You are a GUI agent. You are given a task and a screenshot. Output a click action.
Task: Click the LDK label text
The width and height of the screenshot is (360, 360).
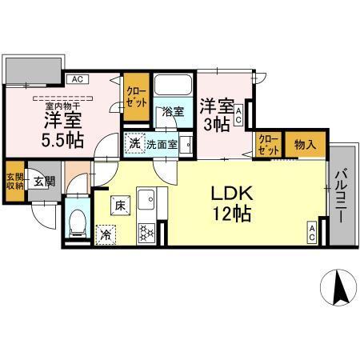pyautogui.click(x=233, y=194)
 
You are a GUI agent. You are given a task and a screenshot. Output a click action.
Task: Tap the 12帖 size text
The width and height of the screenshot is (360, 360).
pyautogui.click(x=233, y=214)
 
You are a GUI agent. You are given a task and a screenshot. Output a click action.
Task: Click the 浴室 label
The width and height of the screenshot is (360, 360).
pyautogui.click(x=173, y=112)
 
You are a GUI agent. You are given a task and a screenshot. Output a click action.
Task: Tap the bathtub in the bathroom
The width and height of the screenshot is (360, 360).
pyautogui.click(x=173, y=87)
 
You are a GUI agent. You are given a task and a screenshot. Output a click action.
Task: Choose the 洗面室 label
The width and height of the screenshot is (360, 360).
pyautogui.click(x=163, y=145)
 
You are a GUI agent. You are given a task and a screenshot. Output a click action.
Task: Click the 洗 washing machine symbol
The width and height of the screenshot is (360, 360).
pyautogui.click(x=135, y=144)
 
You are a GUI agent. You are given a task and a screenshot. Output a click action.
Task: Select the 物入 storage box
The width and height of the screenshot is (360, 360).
pyautogui.click(x=304, y=145)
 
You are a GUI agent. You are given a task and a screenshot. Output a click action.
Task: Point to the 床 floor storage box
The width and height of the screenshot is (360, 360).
pyautogui.click(x=118, y=205)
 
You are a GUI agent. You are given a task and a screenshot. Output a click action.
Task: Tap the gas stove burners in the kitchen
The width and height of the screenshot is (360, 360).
pyautogui.click(x=147, y=233)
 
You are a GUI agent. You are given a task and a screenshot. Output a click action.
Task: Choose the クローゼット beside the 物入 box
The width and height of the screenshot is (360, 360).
pyautogui.click(x=268, y=146)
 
